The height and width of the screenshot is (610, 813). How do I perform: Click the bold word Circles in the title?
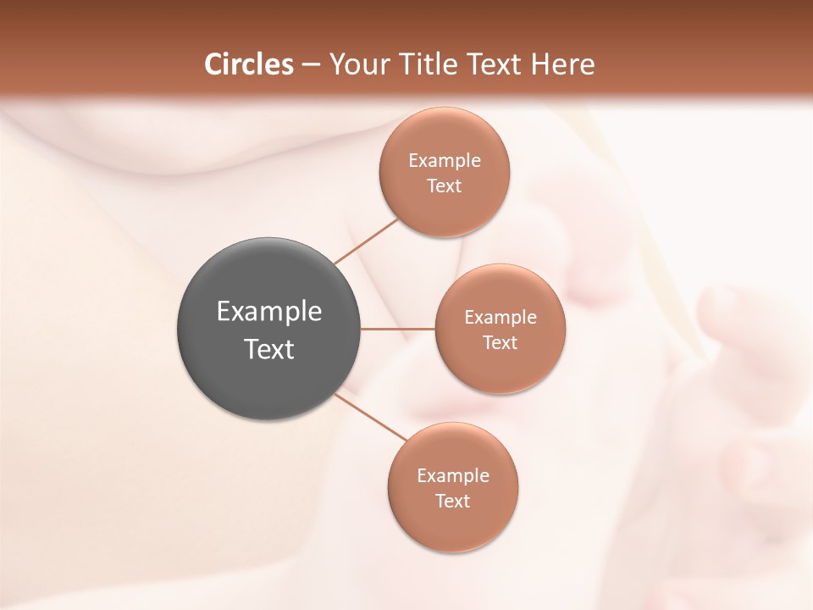[x=249, y=64]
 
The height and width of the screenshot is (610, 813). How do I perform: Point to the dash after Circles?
[x=311, y=65]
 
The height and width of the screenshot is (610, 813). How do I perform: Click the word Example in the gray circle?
[x=269, y=313]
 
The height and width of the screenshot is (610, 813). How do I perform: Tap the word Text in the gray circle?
[x=269, y=349]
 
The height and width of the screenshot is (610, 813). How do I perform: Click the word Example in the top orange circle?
[x=445, y=161]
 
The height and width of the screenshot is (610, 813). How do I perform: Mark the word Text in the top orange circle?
[x=445, y=186]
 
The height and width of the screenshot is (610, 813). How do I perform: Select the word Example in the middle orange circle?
[x=501, y=318]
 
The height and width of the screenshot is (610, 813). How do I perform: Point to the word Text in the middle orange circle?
[x=501, y=343]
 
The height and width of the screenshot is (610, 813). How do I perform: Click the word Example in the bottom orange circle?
[x=452, y=476]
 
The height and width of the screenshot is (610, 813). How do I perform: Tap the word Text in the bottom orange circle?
[x=452, y=502]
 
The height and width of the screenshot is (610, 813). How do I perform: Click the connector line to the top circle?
[x=366, y=241]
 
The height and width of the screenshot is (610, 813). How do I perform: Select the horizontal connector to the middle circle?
[x=398, y=329]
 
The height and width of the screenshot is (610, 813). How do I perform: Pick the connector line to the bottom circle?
[x=371, y=417]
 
